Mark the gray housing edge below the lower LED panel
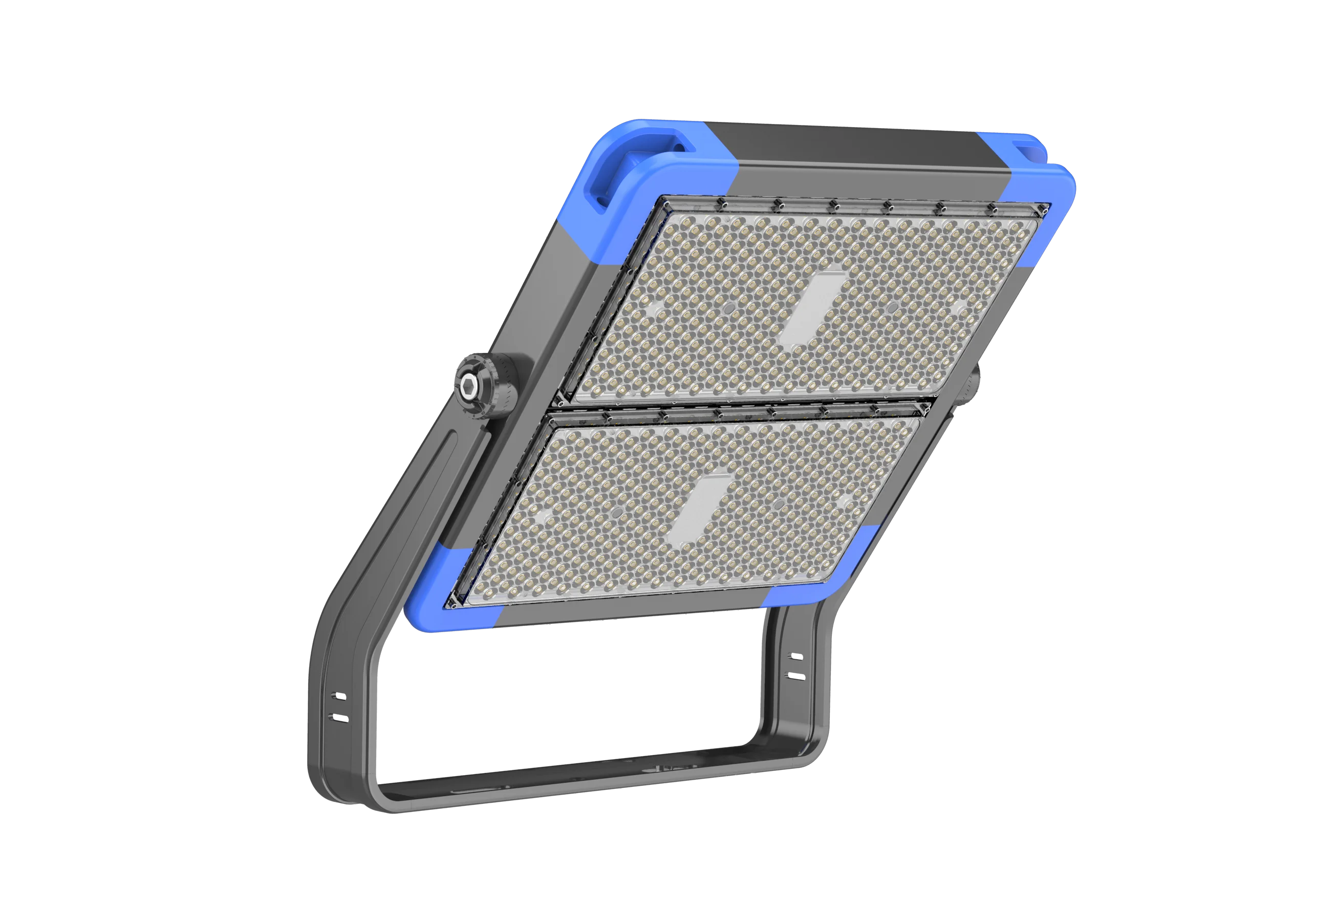click(x=629, y=612)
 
